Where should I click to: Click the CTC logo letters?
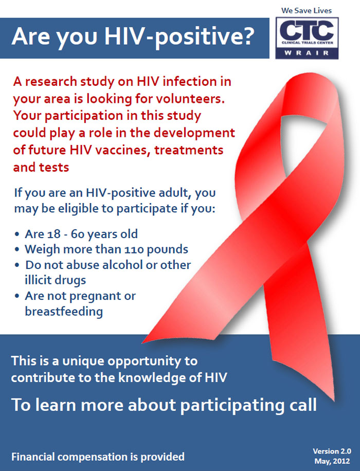click(307, 30)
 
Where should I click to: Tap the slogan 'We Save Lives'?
click(307, 10)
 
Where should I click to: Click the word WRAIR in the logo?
click(307, 53)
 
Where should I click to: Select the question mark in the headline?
click(247, 36)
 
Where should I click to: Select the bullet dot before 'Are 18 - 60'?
click(17, 234)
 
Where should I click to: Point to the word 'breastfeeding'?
click(64, 311)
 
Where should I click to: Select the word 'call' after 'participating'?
click(303, 404)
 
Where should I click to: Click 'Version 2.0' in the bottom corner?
click(332, 451)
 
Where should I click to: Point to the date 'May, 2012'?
click(332, 461)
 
